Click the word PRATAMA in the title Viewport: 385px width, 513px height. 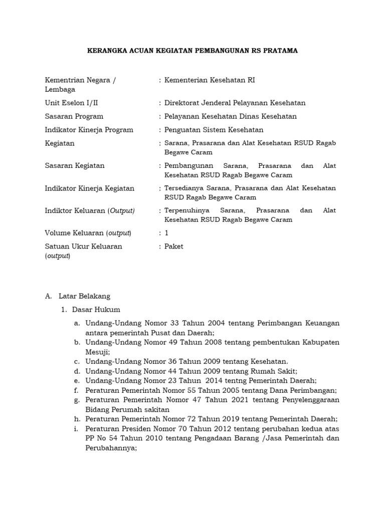tap(279, 51)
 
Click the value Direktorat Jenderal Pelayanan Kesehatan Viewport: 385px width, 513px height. tap(235, 103)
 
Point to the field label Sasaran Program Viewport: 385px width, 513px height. tap(74, 116)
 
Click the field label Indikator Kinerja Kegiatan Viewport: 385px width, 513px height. tap(90, 188)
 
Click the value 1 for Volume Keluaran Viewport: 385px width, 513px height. tap(167, 233)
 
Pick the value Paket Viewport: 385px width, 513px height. tap(174, 246)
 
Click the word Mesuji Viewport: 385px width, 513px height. tap(97, 352)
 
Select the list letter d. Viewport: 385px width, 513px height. tap(77, 371)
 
